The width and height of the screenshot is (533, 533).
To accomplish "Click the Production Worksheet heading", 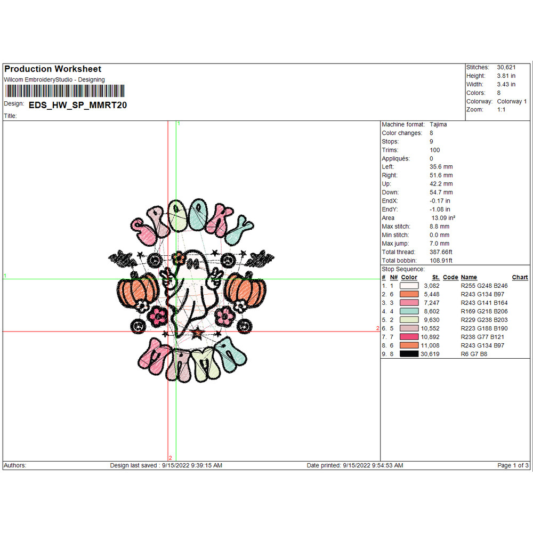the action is click(x=53, y=69).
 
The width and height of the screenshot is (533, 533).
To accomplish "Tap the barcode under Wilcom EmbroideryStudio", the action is click(x=65, y=91).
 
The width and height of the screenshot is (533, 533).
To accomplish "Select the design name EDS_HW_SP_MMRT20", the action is click(x=78, y=105).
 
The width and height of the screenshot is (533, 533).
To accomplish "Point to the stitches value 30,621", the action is click(x=506, y=67).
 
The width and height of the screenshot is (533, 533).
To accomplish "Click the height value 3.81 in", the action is click(x=506, y=76).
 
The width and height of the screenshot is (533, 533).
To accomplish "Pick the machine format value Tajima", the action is click(x=438, y=124).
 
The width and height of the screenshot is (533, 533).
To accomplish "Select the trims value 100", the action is click(x=435, y=150).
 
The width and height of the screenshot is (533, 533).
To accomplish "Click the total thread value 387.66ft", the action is click(x=441, y=252).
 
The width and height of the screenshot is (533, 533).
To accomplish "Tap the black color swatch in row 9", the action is click(x=409, y=354).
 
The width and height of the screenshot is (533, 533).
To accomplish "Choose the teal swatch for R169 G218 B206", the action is click(x=409, y=311).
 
